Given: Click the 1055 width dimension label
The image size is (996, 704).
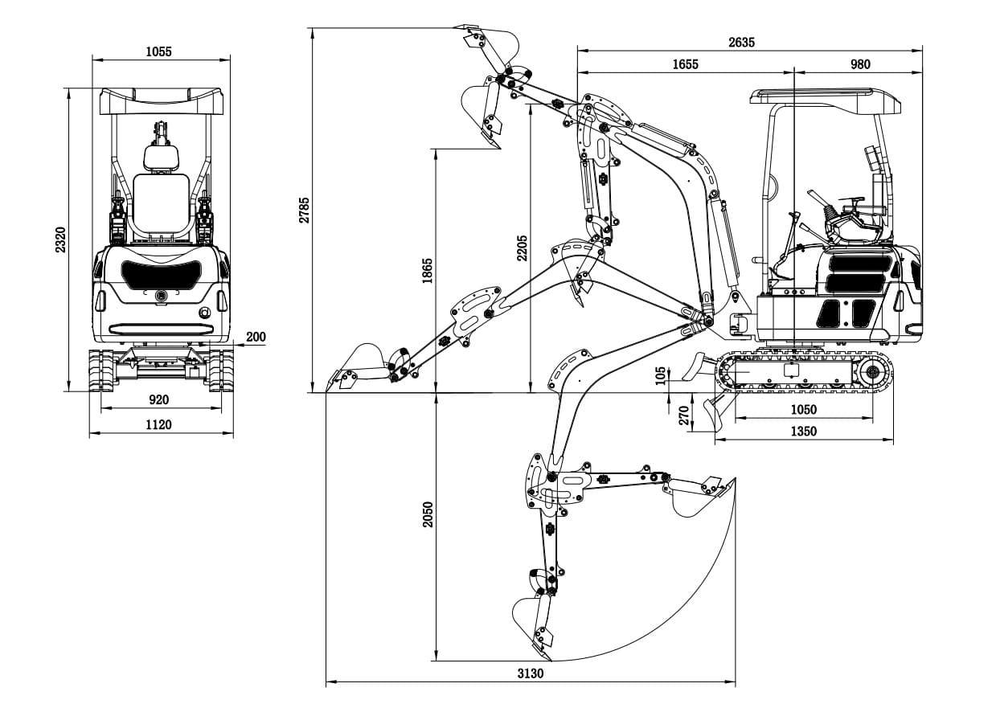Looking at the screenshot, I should [158, 52].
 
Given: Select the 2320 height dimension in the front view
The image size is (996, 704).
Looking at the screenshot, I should [60, 239].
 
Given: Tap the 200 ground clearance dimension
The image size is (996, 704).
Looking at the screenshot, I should [256, 338].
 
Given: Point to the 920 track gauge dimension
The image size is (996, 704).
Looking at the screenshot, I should [159, 399].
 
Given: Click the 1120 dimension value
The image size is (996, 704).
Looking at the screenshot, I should [159, 424].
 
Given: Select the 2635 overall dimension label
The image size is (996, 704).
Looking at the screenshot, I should [740, 43].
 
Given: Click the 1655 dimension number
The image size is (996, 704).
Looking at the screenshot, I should [685, 64].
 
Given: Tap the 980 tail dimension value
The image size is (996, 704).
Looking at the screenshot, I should [859, 64].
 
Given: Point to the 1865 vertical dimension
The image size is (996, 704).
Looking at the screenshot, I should [427, 271].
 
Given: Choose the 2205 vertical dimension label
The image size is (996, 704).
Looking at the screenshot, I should [522, 248].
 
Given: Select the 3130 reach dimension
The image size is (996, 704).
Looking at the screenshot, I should [530, 673].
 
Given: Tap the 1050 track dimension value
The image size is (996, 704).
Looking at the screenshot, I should [802, 410].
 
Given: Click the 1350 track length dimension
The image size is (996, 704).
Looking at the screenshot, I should [802, 432].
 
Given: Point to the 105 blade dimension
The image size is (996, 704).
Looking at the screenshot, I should [661, 375].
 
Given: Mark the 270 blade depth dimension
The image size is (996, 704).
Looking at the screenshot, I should [684, 415].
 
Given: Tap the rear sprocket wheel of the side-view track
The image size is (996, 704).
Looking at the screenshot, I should [871, 372].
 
